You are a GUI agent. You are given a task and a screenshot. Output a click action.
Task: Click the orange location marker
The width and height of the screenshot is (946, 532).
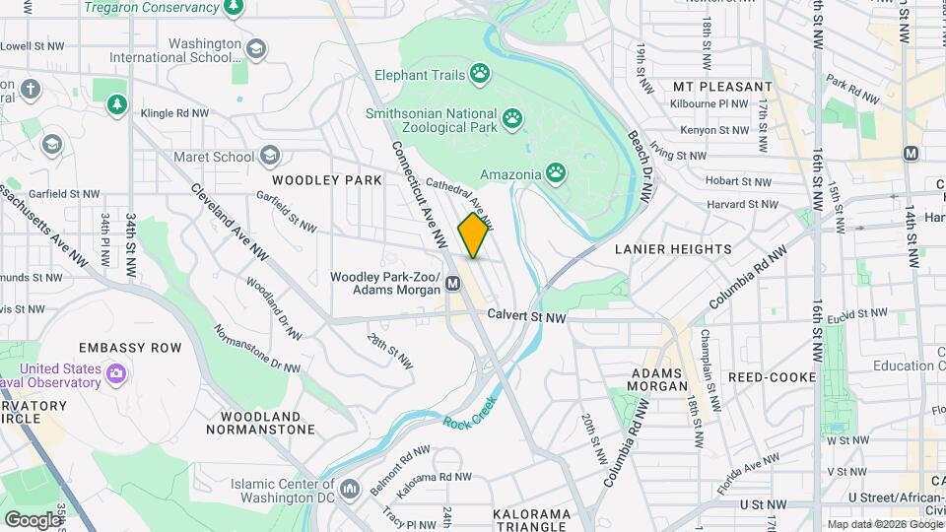pyautogui.click(x=474, y=235)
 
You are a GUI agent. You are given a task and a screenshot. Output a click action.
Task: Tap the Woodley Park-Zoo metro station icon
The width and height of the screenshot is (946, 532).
pyautogui.click(x=453, y=284)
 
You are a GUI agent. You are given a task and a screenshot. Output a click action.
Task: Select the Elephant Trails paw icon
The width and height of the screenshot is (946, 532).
pyautogui.click(x=480, y=72)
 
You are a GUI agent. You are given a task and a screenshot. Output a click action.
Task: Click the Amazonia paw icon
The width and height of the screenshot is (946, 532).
pyautogui.click(x=557, y=174)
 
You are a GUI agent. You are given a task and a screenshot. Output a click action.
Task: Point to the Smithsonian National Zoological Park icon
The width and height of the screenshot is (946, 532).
pyautogui.click(x=512, y=120)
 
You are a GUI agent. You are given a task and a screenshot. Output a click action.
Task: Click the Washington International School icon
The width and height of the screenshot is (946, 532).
pyautogui.click(x=256, y=49)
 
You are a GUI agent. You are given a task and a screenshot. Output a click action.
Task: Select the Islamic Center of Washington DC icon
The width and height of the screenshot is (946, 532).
pyautogui.click(x=349, y=489)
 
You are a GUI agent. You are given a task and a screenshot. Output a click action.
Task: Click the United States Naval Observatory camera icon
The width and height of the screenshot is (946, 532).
pyautogui.click(x=117, y=373)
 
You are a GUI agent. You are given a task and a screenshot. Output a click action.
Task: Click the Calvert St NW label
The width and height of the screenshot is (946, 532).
pyautogui.click(x=527, y=317)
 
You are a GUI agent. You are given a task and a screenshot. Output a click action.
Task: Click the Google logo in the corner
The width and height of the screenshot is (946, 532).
pyautogui.click(x=32, y=519)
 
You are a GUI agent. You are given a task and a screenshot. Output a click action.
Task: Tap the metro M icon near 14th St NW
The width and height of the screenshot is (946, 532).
pyautogui.click(x=911, y=153)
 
